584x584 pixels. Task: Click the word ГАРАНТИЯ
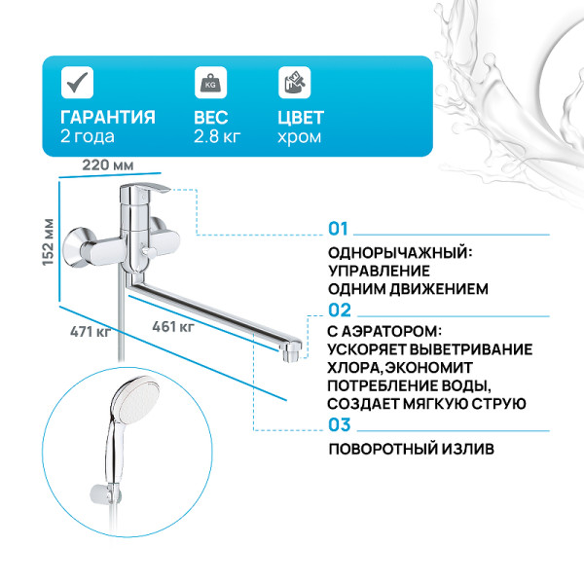(107, 117)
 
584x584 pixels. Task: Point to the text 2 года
(87, 137)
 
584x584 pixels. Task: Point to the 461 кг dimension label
(173, 326)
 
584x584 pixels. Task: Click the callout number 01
(338, 229)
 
